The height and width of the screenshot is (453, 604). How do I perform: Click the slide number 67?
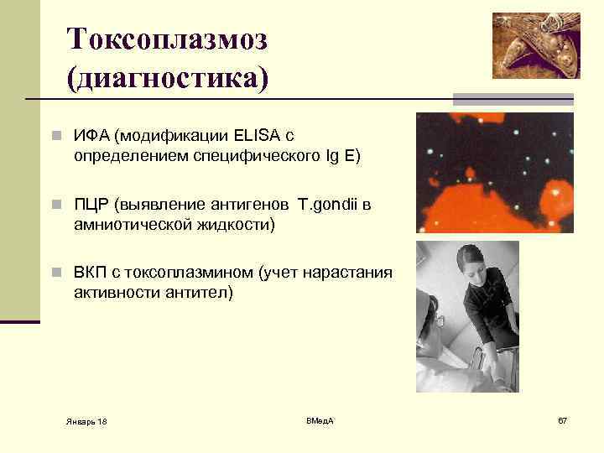click(x=562, y=419)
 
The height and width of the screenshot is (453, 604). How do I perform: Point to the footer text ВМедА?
click(x=320, y=419)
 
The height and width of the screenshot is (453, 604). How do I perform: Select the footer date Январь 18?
click(x=86, y=419)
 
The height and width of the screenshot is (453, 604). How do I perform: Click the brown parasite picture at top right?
click(x=535, y=45)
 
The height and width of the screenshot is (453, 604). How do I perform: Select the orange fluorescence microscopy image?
click(x=495, y=172)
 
